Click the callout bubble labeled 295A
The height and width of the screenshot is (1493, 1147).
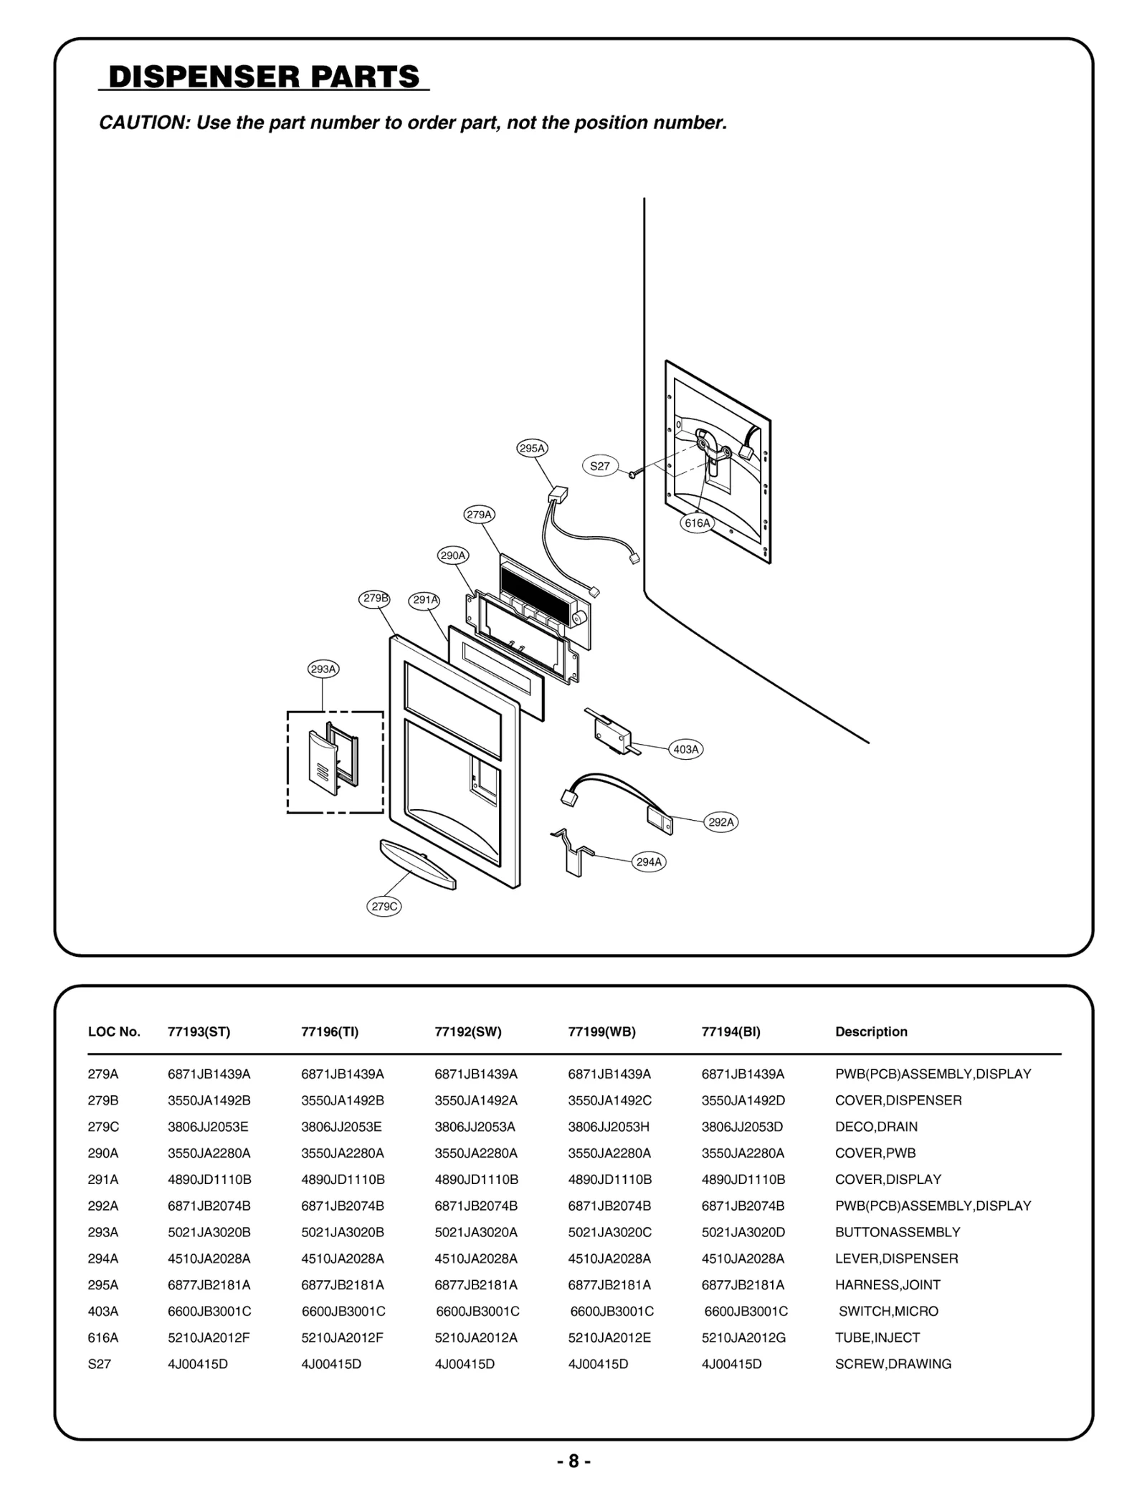click(x=532, y=449)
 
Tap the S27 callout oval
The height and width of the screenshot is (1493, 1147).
click(x=600, y=466)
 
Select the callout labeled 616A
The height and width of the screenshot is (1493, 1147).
click(x=697, y=523)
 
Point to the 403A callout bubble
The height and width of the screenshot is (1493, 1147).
click(x=686, y=750)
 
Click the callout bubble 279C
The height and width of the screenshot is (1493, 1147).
click(x=384, y=907)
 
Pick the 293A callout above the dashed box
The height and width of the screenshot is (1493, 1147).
click(x=323, y=669)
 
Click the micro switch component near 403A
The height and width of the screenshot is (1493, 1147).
click(x=611, y=734)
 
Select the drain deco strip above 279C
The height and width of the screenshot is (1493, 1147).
click(x=417, y=864)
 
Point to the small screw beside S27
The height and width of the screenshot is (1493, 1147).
click(x=632, y=474)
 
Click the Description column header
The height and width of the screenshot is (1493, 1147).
click(x=871, y=1032)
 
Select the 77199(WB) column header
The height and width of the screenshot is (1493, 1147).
click(x=601, y=1032)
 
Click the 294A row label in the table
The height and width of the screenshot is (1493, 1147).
click(x=103, y=1259)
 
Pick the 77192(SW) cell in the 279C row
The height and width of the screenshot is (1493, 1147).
click(x=475, y=1127)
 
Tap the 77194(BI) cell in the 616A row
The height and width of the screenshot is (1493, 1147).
click(x=743, y=1337)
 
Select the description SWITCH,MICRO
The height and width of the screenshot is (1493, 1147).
click(x=888, y=1311)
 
